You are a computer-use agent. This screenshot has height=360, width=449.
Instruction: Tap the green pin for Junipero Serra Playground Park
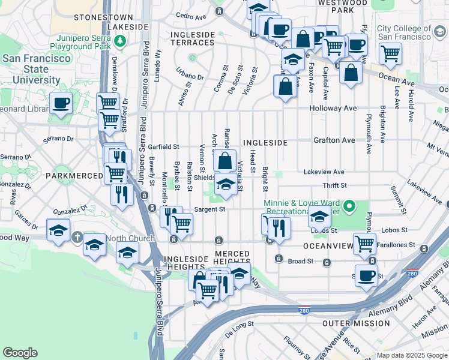click(x=121, y=40)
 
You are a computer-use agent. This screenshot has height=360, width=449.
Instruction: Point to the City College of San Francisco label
click(x=404, y=32)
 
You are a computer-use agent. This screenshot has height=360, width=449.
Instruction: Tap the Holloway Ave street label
click(x=333, y=109)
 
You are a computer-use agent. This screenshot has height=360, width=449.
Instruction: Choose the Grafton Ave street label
click(x=334, y=140)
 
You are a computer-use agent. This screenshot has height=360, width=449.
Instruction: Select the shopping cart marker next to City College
click(x=390, y=53)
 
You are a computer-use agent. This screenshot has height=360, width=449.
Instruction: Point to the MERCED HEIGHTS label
click(x=224, y=255)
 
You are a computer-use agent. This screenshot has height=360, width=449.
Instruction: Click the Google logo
click(x=20, y=353)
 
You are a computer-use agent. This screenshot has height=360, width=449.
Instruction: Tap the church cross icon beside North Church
click(x=77, y=238)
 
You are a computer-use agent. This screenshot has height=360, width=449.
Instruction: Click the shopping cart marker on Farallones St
click(x=364, y=244)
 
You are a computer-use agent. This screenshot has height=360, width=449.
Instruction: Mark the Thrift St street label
click(x=334, y=186)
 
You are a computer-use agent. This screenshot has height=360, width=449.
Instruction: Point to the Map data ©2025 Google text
click(x=412, y=355)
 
